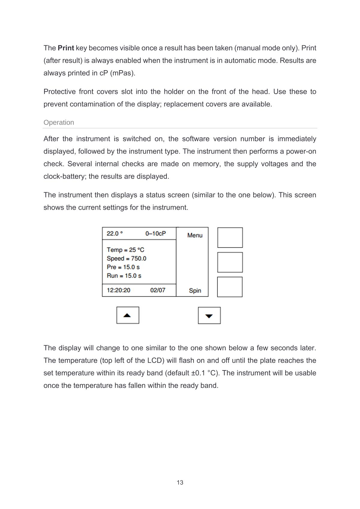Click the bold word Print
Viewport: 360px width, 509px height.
pos(66,48)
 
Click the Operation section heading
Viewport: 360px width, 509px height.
pos(59,122)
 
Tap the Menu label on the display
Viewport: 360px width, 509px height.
pos(195,235)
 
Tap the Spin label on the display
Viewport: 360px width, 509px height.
pos(195,291)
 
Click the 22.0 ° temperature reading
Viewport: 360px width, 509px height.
pos(115,234)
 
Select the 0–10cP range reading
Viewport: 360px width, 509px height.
pos(155,234)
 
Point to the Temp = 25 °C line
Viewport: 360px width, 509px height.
pos(125,250)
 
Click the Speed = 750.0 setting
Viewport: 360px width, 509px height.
pos(126,259)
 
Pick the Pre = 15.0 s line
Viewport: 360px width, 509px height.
pos(123,267)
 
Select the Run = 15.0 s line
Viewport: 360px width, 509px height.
pos(124,276)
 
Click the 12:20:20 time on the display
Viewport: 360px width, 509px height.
pos(118,290)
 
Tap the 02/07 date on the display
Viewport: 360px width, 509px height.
pos(157,290)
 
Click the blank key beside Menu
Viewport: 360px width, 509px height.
pos(230,238)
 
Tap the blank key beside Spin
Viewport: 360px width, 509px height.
pos(230,287)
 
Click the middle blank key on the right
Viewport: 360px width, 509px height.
pos(230,262)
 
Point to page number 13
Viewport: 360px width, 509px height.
pos(180,483)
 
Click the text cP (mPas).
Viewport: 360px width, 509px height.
pos(117,73)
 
